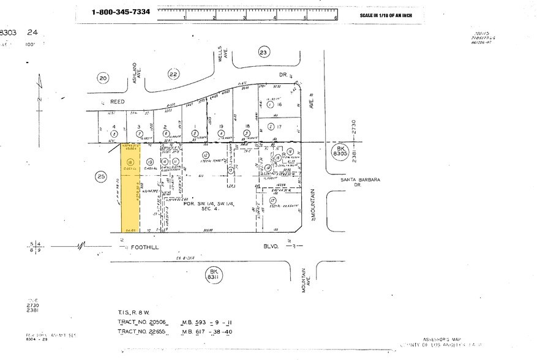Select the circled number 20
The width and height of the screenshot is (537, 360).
103,78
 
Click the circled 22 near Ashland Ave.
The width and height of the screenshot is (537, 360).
174,74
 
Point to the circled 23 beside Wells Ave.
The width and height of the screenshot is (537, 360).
263,53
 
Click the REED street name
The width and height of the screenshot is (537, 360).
117,101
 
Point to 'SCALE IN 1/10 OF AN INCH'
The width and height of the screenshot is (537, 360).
389,15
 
